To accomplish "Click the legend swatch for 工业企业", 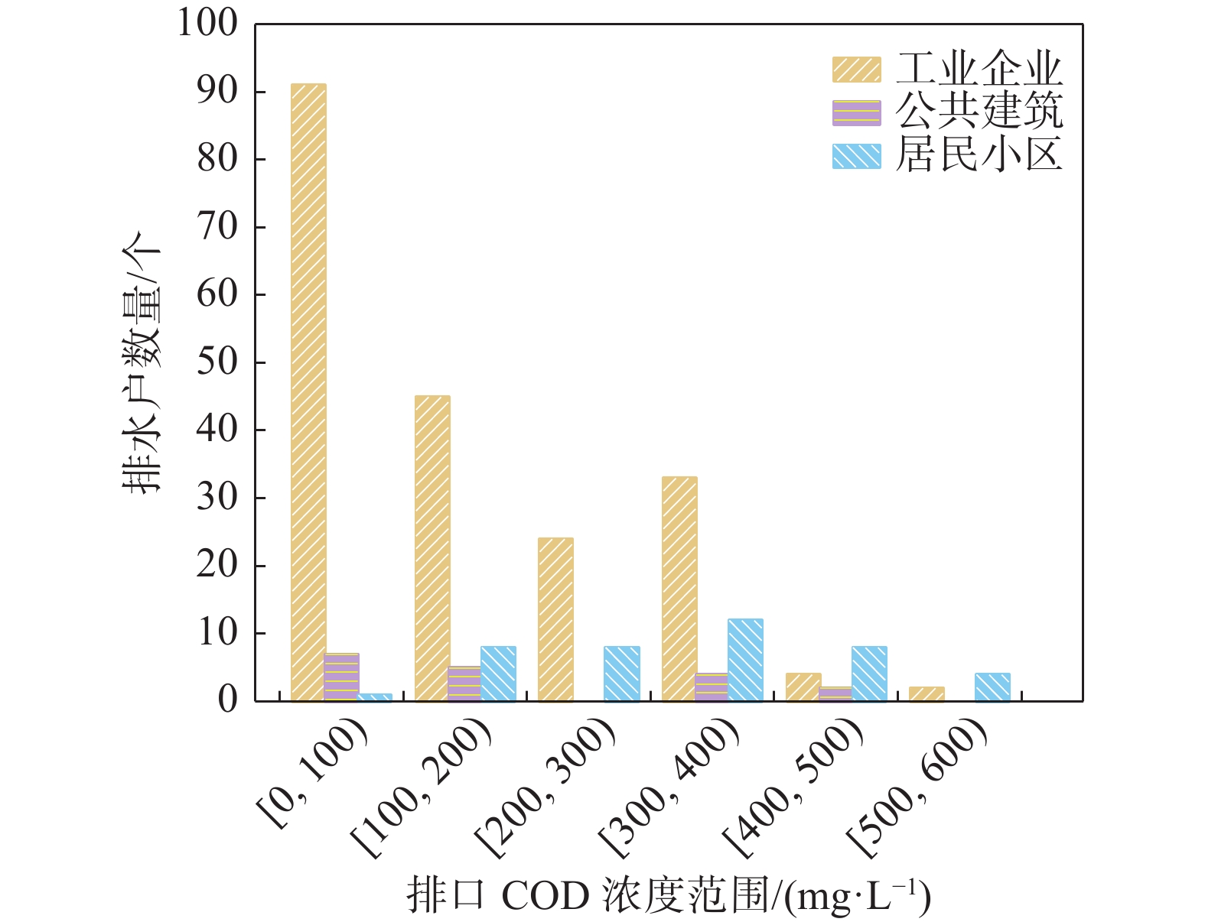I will click(856, 69).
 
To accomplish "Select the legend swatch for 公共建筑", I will click(856, 112).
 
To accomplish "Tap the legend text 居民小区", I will click(979, 155).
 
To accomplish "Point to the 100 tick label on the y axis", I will click(207, 23).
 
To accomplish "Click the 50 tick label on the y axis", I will click(217, 362).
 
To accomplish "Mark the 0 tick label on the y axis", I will click(228, 700).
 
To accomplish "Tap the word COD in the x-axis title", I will click(545, 895).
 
